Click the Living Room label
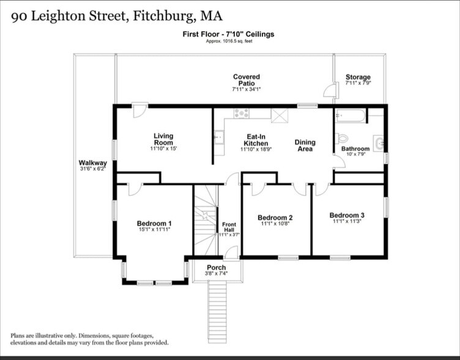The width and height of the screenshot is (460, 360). (x=163, y=140)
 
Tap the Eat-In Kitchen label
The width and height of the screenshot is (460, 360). (x=255, y=140)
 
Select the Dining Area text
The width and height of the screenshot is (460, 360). (x=305, y=146)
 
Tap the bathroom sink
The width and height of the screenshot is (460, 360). (x=380, y=143)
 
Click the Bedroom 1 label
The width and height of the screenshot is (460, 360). (x=154, y=223)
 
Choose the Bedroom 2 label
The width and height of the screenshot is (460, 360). (x=275, y=218)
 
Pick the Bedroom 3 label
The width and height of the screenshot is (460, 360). (x=347, y=215)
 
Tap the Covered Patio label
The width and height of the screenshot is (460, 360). (x=246, y=80)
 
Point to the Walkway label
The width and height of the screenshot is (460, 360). (x=92, y=163)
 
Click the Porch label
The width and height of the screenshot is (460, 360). (x=216, y=268)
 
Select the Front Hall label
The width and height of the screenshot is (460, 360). (x=229, y=227)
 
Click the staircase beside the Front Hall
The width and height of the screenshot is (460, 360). (x=206, y=220)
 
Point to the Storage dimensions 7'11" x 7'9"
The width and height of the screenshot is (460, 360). (x=358, y=83)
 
